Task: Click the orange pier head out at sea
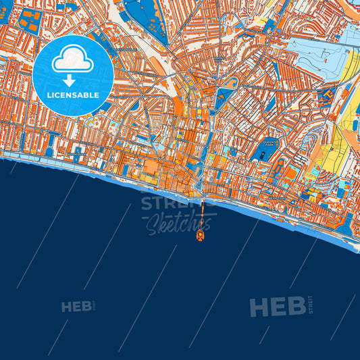click(201, 236)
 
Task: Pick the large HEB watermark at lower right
click(277, 307)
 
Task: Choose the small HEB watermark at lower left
click(76, 307)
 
